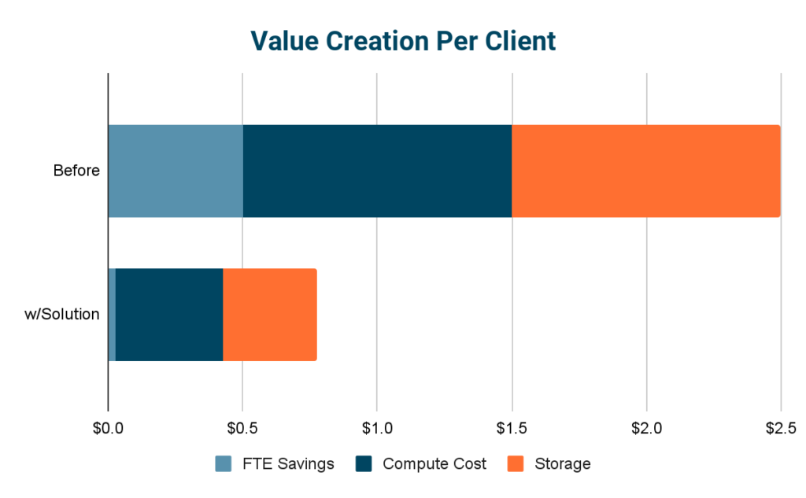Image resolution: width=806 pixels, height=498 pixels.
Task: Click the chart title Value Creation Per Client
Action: (403, 40)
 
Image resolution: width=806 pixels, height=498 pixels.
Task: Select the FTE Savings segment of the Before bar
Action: (175, 171)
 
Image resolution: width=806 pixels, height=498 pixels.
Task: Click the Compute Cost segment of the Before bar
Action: (377, 171)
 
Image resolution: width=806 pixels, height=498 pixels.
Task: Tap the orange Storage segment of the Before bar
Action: (645, 171)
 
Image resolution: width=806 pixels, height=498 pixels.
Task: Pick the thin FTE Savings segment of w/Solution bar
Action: (112, 315)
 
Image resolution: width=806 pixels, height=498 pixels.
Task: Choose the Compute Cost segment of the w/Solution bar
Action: (169, 315)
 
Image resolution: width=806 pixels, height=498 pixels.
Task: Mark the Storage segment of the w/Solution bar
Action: (270, 315)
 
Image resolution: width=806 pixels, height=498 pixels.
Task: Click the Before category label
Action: (76, 171)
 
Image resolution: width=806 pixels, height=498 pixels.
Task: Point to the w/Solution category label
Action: (63, 315)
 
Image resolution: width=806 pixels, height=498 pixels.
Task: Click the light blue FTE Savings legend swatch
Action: (224, 464)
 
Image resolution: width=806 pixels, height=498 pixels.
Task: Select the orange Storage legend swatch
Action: (517, 464)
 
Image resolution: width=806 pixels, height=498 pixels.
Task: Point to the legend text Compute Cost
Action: (434, 464)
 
